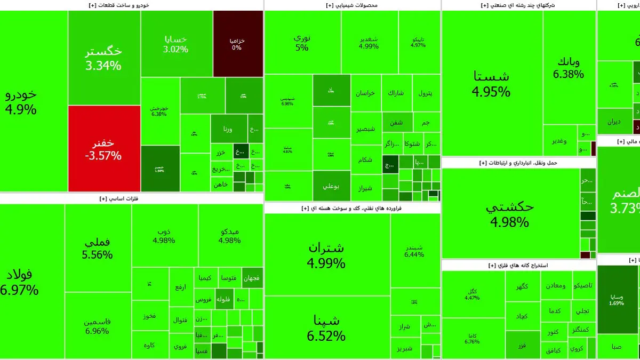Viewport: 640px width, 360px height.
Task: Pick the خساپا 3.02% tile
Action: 177,44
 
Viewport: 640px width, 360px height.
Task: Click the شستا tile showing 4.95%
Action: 491,83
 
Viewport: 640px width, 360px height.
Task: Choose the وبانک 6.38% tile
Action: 569,68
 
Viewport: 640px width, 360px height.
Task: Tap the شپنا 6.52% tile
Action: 326,328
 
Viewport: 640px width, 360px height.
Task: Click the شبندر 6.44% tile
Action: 414,251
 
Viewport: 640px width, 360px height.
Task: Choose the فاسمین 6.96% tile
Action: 98,326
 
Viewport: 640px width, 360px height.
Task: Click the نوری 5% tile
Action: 302,43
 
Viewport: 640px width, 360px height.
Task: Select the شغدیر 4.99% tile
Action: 369,42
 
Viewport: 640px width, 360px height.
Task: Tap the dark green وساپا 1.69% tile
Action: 617,299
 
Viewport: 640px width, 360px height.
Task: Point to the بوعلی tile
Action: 331,186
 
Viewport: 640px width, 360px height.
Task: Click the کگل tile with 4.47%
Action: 473,294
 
